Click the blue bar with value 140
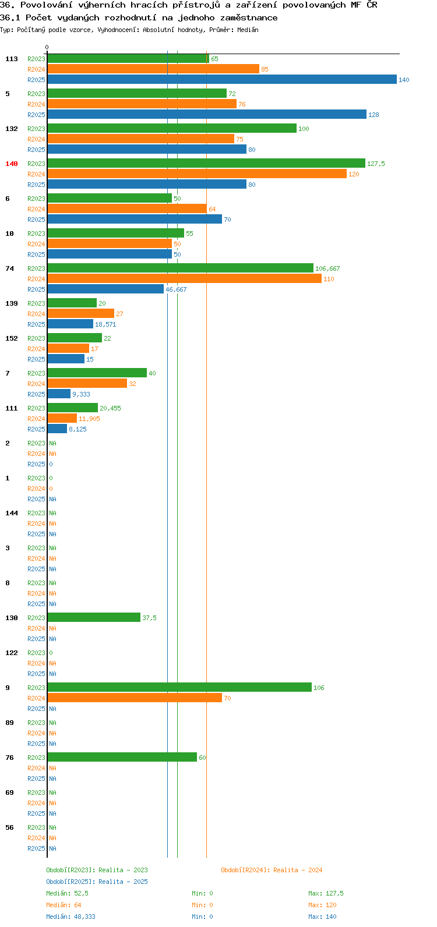pos(222,79)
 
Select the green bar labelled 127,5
pos(206,164)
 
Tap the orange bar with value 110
pos(184,279)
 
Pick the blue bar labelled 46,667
pos(105,289)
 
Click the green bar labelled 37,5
pos(94,618)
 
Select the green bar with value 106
pos(179,688)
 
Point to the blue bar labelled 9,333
pos(59,394)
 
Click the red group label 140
pos(12,164)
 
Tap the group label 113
pos(12,59)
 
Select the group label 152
pos(12,338)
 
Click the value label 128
pos(373,115)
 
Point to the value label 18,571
pos(105,324)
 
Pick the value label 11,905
pos(90,419)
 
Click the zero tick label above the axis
pos(47,47)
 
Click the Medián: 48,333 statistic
pos(71,917)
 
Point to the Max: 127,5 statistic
pos(326,893)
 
